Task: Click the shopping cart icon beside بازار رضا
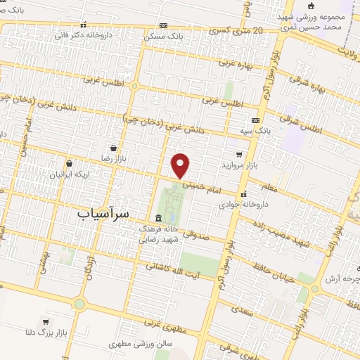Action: (x=113, y=148)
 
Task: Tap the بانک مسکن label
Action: (x=163, y=35)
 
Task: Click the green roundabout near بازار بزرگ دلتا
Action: (x=79, y=304)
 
